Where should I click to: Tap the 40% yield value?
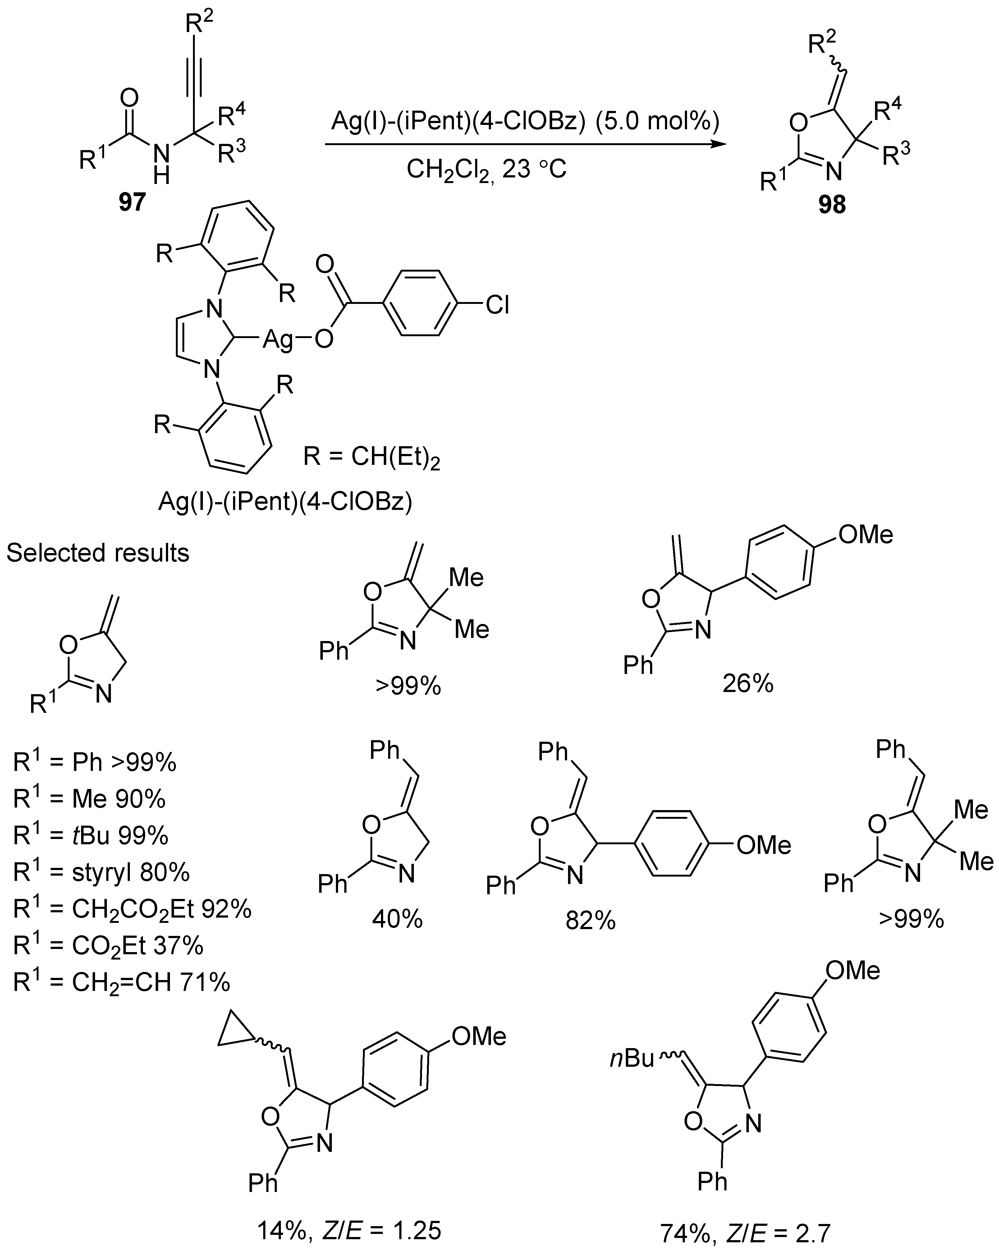397,919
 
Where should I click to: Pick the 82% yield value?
591,920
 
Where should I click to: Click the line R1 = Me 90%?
90,800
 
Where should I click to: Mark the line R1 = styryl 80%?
102,873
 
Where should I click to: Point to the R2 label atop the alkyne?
199,24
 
